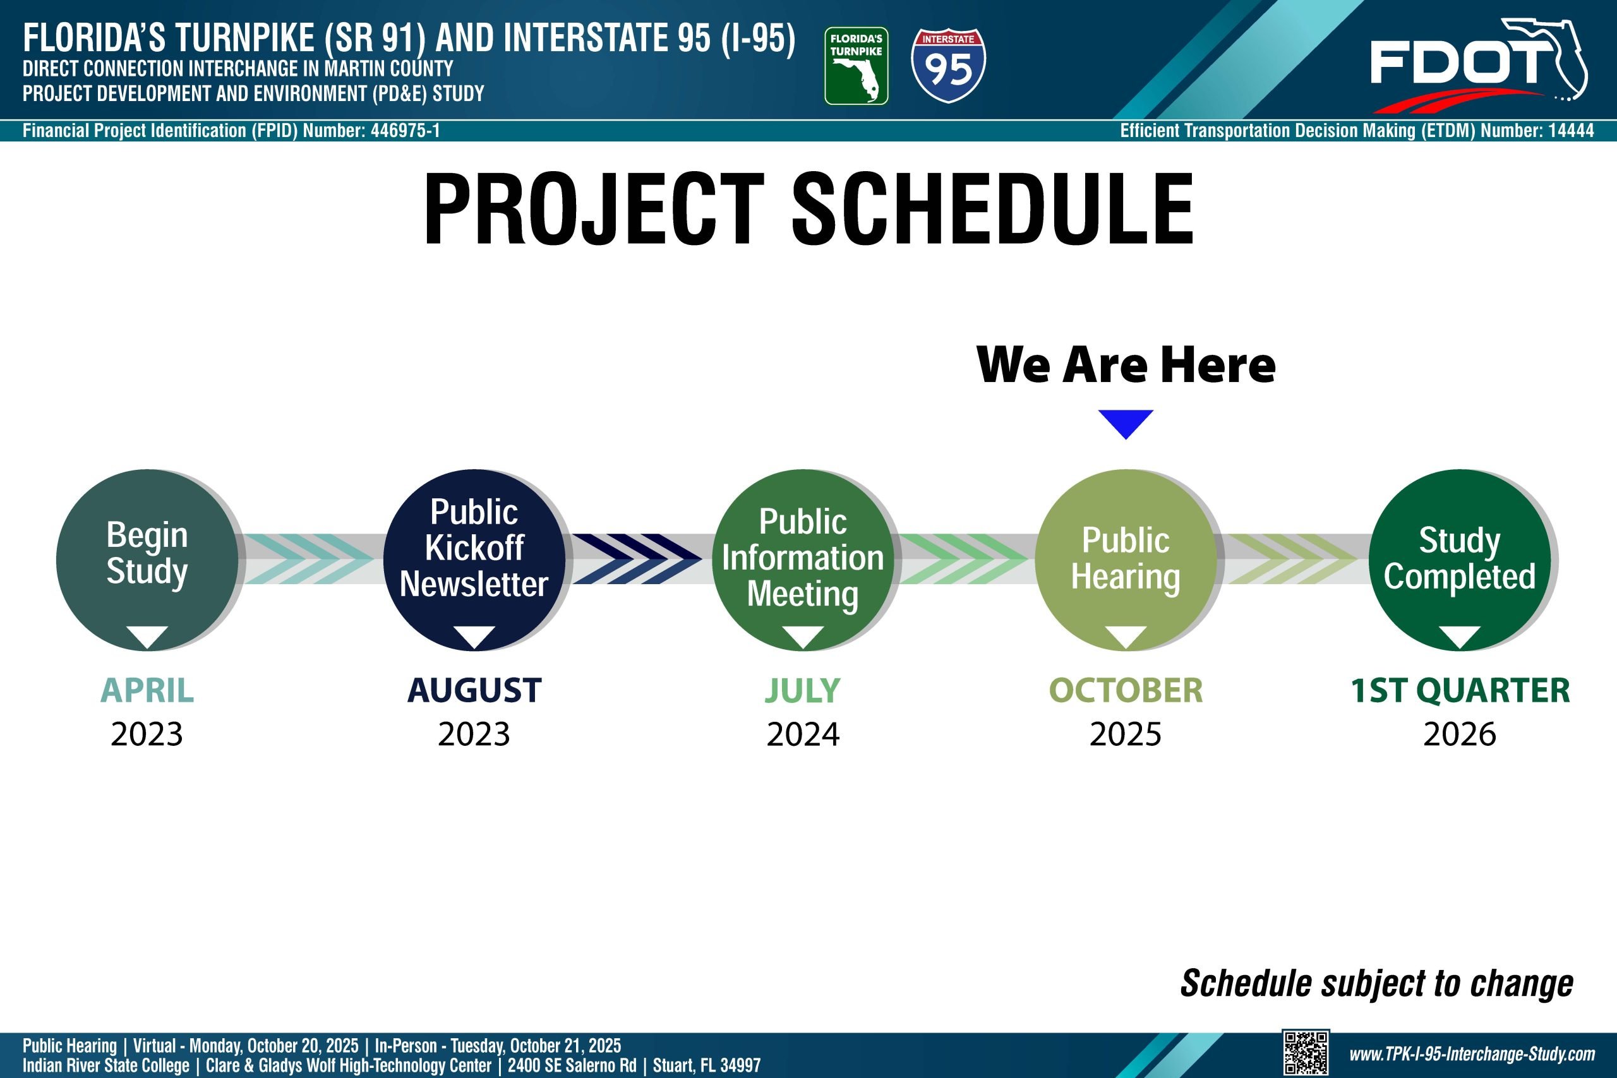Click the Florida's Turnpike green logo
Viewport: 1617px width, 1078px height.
(856, 66)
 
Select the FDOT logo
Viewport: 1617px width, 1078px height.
(1478, 65)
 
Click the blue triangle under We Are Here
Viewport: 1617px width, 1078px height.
(1126, 424)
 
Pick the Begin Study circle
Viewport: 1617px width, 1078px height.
(147, 560)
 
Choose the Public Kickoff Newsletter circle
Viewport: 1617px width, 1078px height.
(474, 560)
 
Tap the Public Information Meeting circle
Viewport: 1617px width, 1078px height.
(803, 560)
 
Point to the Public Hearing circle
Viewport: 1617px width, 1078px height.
(1126, 560)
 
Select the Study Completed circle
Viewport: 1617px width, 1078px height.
(1460, 560)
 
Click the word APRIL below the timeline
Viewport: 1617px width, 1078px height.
(147, 690)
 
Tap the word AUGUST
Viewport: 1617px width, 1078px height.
(474, 690)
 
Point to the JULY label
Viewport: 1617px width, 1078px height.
(803, 690)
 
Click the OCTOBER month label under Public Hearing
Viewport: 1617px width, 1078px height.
(1126, 690)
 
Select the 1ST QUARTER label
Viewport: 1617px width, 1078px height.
(1460, 690)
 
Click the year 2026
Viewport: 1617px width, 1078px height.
(1460, 734)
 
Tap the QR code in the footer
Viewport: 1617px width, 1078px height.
(1306, 1053)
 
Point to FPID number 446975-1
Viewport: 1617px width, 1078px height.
(405, 131)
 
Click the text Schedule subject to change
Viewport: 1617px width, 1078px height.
(1377, 983)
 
